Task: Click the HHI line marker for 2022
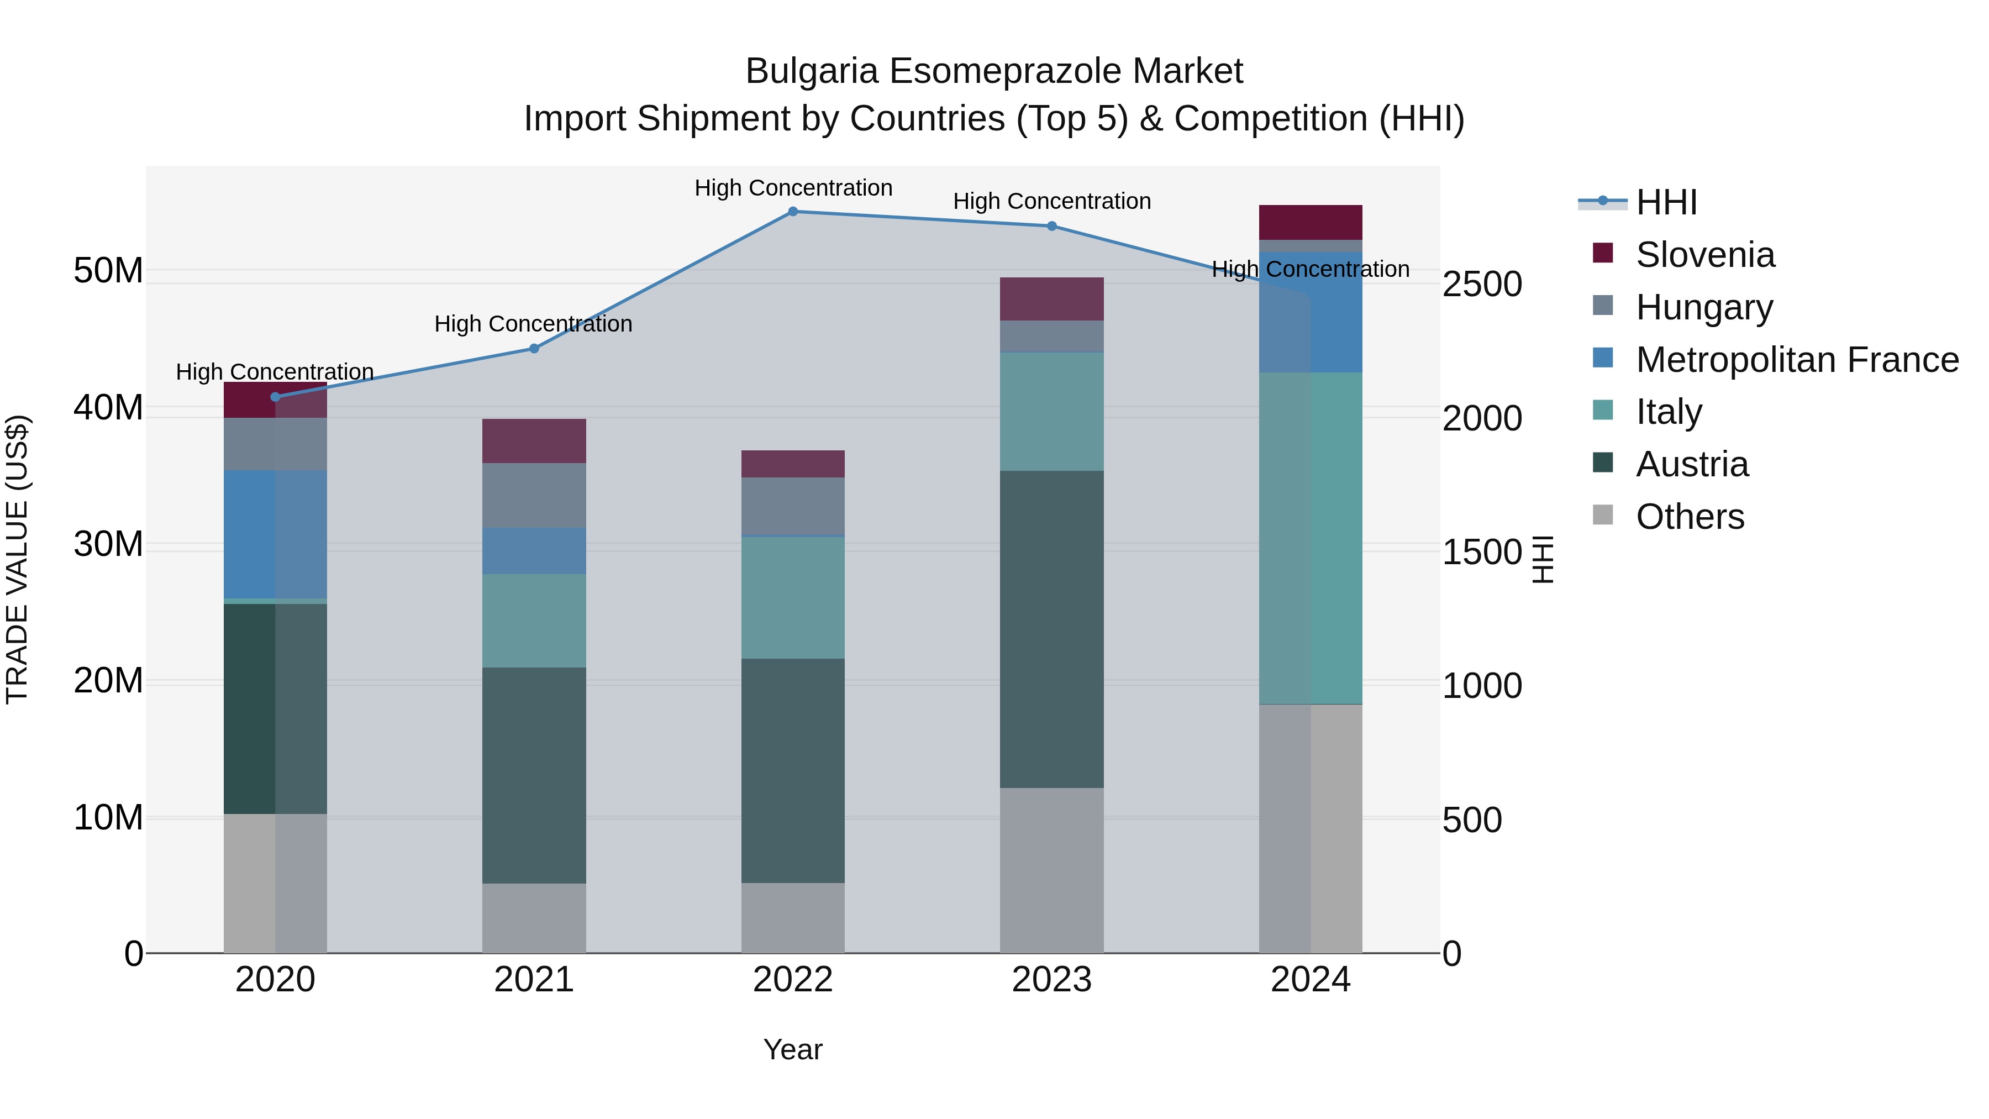(793, 212)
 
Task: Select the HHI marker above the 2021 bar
(534, 348)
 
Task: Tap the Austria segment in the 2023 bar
(1051, 629)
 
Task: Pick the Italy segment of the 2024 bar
(1311, 538)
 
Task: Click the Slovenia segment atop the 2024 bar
(1311, 222)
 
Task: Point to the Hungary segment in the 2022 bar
(793, 506)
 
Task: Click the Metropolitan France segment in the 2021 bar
(534, 550)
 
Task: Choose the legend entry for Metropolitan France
(1797, 360)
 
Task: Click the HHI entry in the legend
(1666, 202)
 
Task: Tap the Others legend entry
(1690, 517)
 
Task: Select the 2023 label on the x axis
(1051, 980)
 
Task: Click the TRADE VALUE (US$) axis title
(17, 559)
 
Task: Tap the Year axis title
(793, 1049)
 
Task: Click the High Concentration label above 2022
(793, 188)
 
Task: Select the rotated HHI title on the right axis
(1542, 559)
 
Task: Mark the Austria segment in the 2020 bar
(275, 708)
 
